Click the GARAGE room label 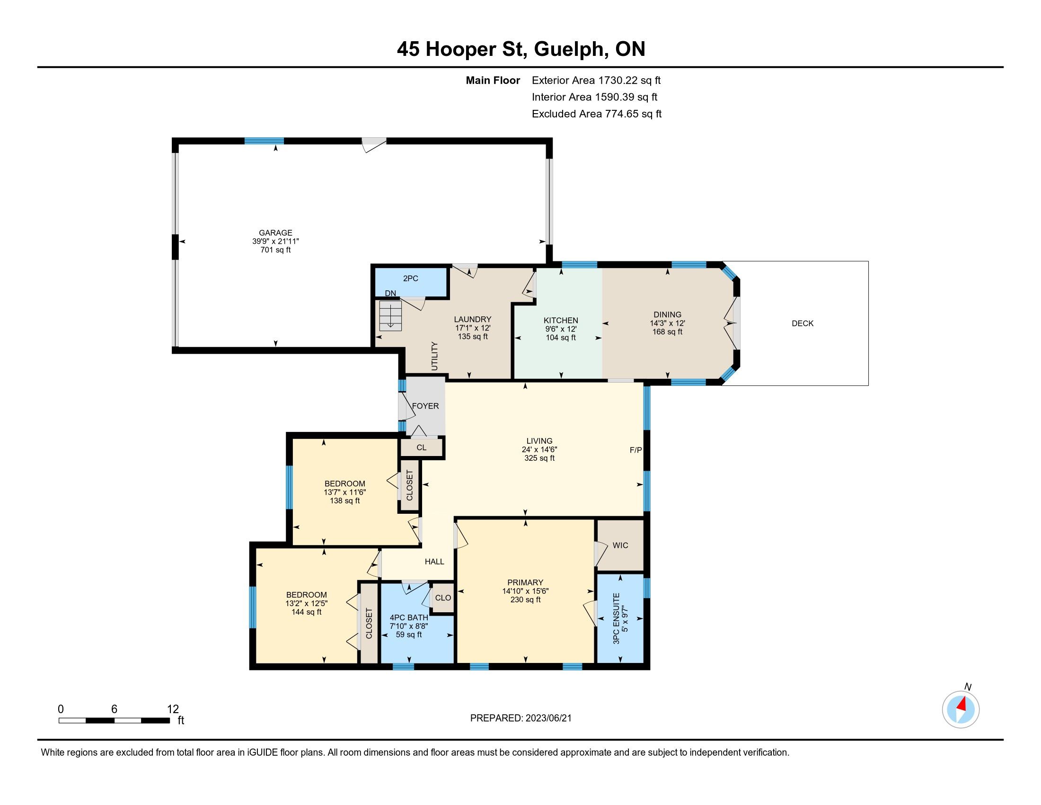point(275,233)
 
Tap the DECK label point(803,323)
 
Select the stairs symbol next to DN point(390,315)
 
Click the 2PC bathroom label point(410,278)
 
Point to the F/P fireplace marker point(636,450)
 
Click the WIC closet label point(620,545)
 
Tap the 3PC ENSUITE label point(616,618)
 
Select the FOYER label point(425,406)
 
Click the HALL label point(434,562)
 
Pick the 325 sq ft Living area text point(539,458)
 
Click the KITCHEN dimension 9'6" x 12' point(561,329)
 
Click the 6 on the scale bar point(114,709)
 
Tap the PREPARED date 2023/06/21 point(547,718)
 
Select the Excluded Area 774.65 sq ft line point(597,114)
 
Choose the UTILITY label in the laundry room point(434,356)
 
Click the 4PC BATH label point(409,617)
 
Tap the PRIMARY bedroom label point(525,582)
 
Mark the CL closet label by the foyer point(421,448)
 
